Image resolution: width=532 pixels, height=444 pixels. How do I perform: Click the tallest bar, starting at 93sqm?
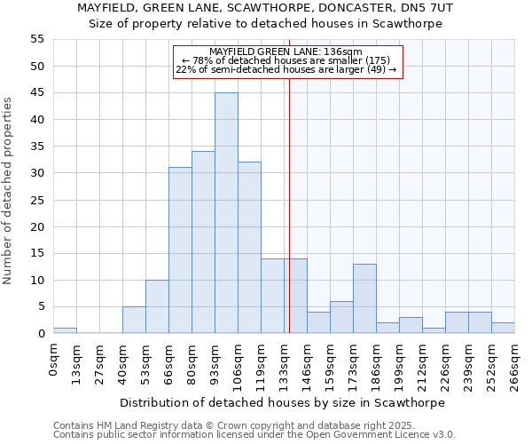tap(226, 213)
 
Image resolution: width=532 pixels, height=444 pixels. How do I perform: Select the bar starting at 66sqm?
tap(180, 250)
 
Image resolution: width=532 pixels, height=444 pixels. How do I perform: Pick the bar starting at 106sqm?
tap(249, 248)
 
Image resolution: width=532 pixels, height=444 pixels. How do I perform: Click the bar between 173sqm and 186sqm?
tap(364, 298)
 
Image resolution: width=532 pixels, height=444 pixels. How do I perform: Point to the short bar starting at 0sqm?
tap(65, 330)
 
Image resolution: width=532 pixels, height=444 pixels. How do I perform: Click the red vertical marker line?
tap(289, 222)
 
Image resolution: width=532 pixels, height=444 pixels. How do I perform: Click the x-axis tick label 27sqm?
tap(100, 361)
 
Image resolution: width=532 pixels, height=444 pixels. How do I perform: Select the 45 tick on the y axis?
tap(37, 92)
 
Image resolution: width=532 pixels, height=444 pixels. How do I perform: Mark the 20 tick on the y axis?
tap(37, 226)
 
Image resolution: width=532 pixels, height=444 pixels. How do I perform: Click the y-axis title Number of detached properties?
tap(9, 191)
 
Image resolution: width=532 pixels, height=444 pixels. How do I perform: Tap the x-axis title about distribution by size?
tap(284, 402)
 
